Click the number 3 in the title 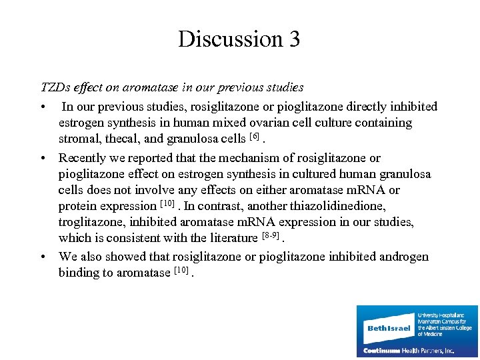tap(294, 39)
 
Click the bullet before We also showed tap(42, 257)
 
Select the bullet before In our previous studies tap(42, 107)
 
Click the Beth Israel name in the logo tap(389, 328)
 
